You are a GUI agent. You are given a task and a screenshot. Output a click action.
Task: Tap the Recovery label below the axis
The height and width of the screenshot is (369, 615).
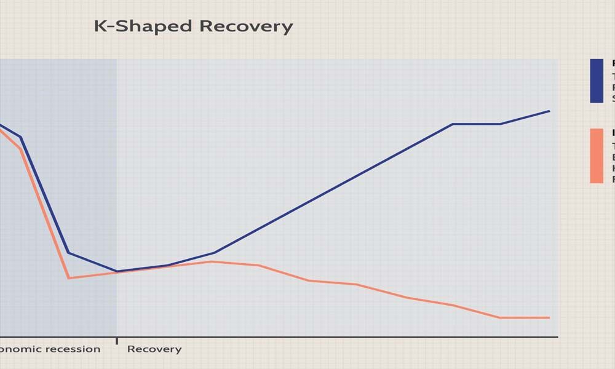pyautogui.click(x=154, y=349)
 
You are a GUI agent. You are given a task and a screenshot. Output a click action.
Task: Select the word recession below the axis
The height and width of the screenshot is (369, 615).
pyautogui.click(x=73, y=349)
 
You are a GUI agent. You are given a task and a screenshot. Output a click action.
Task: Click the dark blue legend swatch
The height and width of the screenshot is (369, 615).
pyautogui.click(x=597, y=81)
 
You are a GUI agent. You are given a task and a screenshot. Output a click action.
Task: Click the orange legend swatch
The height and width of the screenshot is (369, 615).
pyautogui.click(x=597, y=156)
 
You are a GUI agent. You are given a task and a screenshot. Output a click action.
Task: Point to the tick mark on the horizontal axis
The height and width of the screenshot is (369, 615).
pyautogui.click(x=117, y=340)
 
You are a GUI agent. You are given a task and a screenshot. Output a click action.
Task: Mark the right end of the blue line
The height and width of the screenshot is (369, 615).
pyautogui.click(x=549, y=111)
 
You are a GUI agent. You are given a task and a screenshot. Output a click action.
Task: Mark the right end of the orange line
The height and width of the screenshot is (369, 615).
pyautogui.click(x=549, y=317)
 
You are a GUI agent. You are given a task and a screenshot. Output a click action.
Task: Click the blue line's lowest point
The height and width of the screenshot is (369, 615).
pyautogui.click(x=117, y=271)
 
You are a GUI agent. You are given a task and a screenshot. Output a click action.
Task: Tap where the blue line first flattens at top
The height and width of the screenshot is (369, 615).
pyautogui.click(x=453, y=124)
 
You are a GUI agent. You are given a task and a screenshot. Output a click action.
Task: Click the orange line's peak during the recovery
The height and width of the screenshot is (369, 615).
pyautogui.click(x=211, y=261)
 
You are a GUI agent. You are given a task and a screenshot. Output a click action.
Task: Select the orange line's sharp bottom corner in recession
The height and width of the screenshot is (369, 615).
pyautogui.click(x=69, y=278)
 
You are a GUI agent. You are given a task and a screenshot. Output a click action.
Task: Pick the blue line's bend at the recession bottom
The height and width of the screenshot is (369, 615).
pyautogui.click(x=68, y=253)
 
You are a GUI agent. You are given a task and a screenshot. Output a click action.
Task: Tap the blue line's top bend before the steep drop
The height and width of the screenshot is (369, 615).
pyautogui.click(x=21, y=137)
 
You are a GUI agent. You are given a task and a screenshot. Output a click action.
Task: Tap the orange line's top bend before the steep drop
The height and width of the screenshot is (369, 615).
pyautogui.click(x=21, y=148)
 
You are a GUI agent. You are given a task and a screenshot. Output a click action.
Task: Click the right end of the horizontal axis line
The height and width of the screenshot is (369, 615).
pyautogui.click(x=557, y=337)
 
